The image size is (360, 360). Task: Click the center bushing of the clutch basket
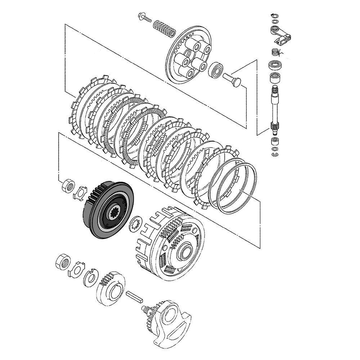[x=188, y=250]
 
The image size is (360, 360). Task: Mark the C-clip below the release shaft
[x=275, y=154]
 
